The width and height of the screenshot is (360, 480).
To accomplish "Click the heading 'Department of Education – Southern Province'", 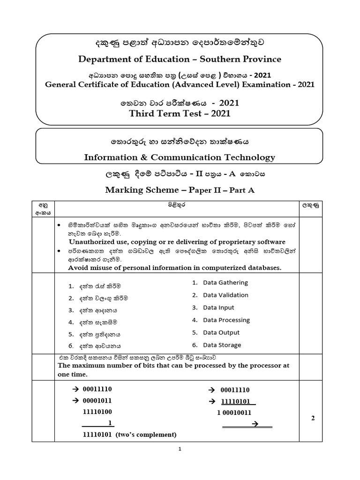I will (180, 59).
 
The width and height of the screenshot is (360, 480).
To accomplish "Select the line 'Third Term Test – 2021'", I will (180, 113).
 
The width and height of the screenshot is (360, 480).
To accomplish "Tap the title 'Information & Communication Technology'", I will (180, 157).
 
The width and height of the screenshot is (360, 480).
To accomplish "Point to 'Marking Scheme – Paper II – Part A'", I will (180, 189).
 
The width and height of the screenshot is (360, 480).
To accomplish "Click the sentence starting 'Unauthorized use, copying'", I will (177, 242).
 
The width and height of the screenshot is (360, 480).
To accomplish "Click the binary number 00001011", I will (97, 400).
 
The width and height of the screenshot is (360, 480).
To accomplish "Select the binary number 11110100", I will (97, 411).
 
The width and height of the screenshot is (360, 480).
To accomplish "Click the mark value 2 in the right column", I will (312, 419).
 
